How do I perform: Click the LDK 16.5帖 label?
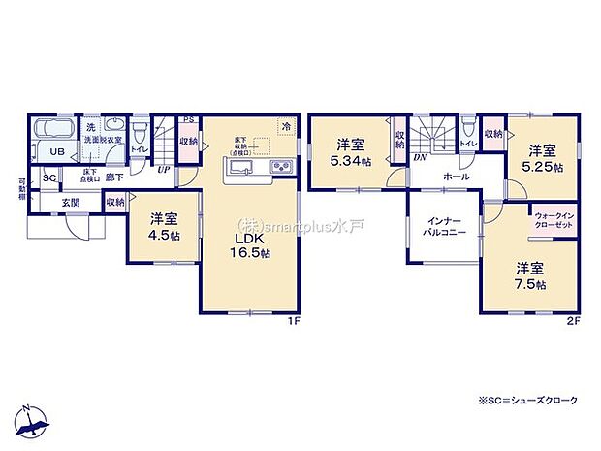pos(251,246)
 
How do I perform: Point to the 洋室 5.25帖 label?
pos(543,158)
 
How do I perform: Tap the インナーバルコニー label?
pos(445,228)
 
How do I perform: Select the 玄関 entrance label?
pos(71,202)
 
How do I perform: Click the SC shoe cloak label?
pos(47,178)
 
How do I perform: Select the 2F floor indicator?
pos(571,323)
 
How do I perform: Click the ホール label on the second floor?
pos(456,177)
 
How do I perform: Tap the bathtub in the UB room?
pos(54,130)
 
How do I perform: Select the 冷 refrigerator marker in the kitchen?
pos(285,124)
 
